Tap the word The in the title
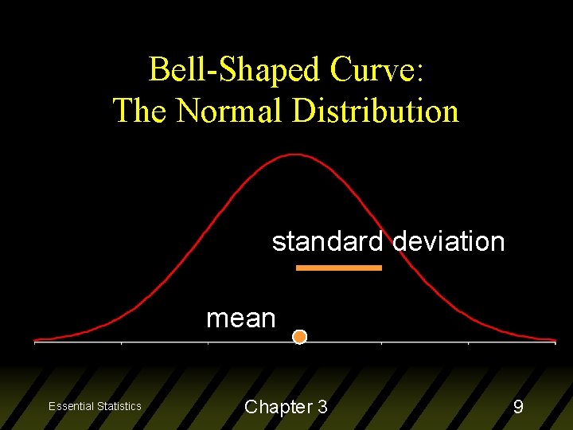coord(140,111)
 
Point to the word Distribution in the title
coord(375,111)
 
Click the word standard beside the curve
coord(327,241)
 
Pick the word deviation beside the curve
coord(449,241)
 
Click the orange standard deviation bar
coord(339,268)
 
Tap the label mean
coord(240,319)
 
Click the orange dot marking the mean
coord(299,337)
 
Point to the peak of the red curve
coord(295,154)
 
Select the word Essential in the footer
coord(72,406)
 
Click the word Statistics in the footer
coord(119,406)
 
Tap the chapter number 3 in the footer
coord(322,407)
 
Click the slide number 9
coord(518,407)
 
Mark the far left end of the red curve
coord(35,341)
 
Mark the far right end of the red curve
coord(554,341)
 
